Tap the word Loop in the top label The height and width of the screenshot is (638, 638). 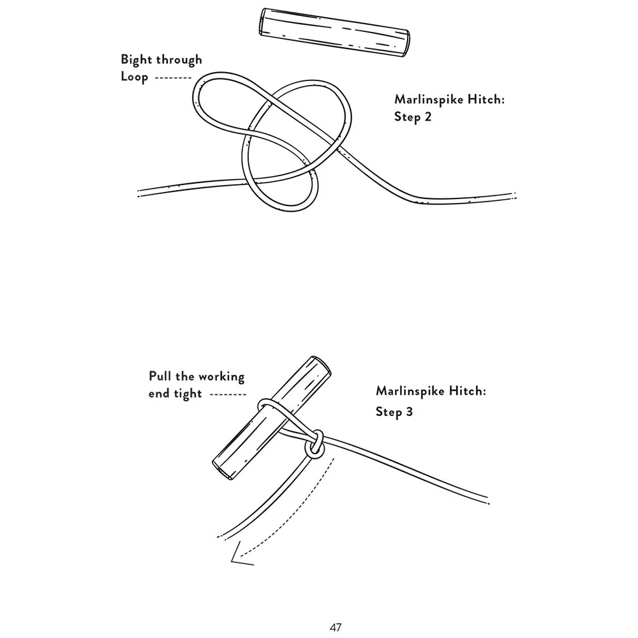pyautogui.click(x=135, y=77)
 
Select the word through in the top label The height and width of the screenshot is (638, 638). pyautogui.click(x=179, y=59)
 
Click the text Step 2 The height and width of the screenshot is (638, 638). pyautogui.click(x=413, y=117)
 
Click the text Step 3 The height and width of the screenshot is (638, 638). pyautogui.click(x=394, y=412)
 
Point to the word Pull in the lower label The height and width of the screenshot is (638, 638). pyautogui.click(x=161, y=376)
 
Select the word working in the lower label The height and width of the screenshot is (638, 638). pyautogui.click(x=214, y=376)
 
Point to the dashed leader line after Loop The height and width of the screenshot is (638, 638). pyautogui.click(x=172, y=77)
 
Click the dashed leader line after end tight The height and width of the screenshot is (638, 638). pyautogui.click(x=227, y=394)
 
